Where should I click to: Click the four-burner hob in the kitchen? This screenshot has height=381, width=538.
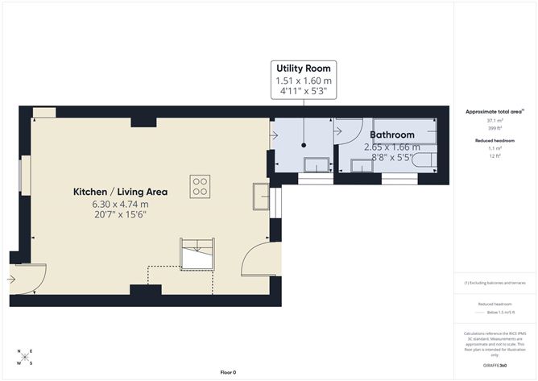click(201, 187)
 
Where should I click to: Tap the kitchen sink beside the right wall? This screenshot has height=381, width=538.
click(260, 196)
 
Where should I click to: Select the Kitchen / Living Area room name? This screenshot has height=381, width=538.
click(120, 192)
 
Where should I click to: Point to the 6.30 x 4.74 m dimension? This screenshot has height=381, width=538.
click(120, 205)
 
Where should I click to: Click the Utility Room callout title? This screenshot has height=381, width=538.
click(303, 68)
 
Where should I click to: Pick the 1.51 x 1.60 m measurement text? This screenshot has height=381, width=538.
click(303, 81)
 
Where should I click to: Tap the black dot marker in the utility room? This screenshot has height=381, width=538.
click(304, 146)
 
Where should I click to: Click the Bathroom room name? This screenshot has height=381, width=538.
click(392, 135)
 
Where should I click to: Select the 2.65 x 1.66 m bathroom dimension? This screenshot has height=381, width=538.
click(392, 147)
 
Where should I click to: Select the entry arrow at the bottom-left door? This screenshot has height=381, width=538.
click(11, 279)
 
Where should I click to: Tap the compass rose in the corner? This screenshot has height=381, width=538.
click(24, 357)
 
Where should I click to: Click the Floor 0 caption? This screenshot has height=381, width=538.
click(228, 372)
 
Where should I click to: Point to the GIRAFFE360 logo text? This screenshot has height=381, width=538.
click(495, 365)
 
